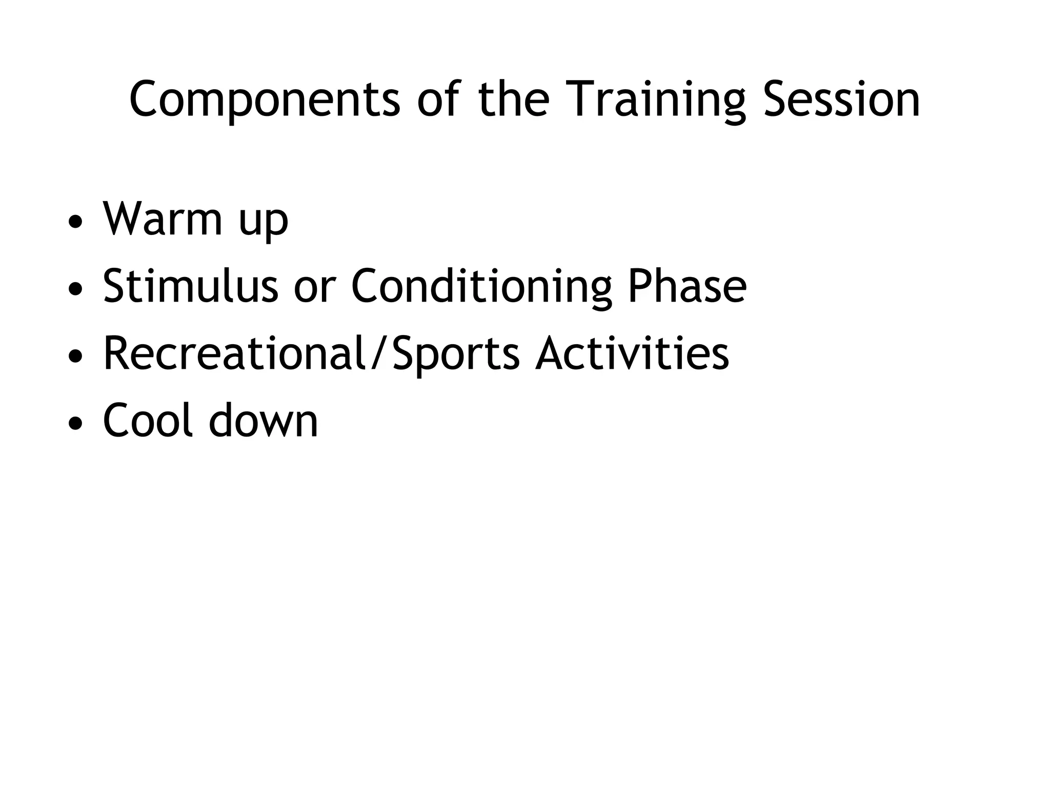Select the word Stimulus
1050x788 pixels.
pyautogui.click(x=190, y=286)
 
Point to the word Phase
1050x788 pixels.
pyautogui.click(x=687, y=286)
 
